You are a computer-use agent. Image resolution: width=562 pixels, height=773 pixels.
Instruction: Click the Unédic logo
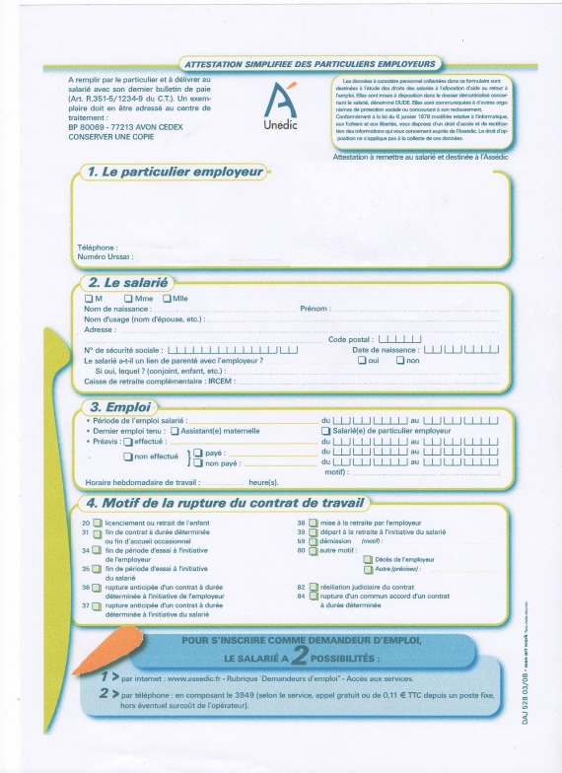(x=281, y=105)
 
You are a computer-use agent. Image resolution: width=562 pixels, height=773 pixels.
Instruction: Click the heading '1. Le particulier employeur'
(x=176, y=172)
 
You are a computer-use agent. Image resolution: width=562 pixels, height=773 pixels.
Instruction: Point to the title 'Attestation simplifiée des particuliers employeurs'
(x=310, y=62)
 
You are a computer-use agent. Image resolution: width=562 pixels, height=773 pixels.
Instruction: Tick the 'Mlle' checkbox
(x=167, y=298)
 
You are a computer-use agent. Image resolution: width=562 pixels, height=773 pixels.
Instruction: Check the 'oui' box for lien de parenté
(x=362, y=360)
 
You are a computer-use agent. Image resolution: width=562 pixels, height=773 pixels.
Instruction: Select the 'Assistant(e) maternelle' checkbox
(x=175, y=430)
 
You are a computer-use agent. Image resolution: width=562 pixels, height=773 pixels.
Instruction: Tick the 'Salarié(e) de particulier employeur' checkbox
(x=326, y=430)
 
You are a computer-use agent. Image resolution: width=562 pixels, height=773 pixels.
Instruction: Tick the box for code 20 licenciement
(x=97, y=523)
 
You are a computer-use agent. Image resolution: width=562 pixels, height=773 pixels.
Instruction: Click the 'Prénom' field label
(x=314, y=309)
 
